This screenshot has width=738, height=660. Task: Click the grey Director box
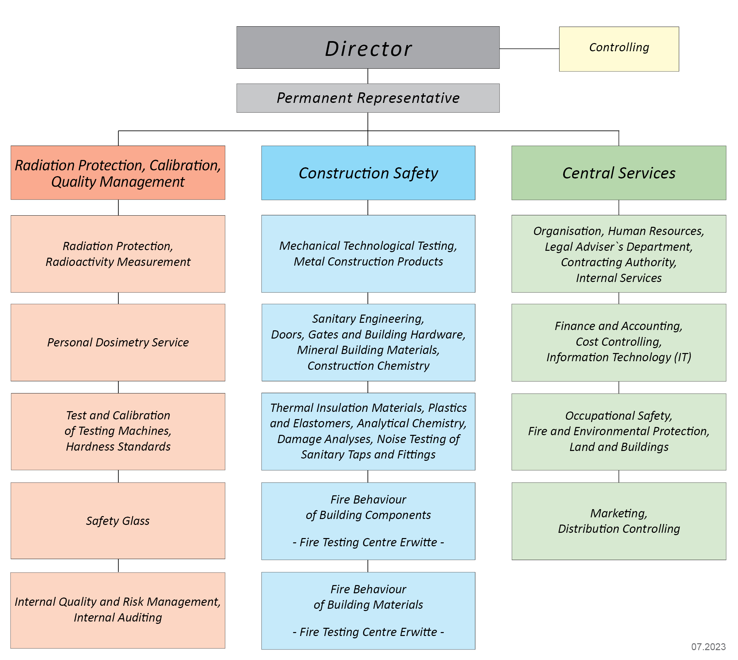[x=368, y=48]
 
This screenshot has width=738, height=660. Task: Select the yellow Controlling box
[x=619, y=49]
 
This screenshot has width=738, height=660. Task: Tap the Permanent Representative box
[x=368, y=98]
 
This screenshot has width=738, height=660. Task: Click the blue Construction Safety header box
[x=368, y=173]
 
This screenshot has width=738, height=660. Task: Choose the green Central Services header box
[x=619, y=173]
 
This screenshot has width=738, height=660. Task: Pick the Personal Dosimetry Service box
[x=118, y=342]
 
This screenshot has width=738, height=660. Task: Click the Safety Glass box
[x=118, y=520]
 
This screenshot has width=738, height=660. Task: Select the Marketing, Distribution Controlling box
[x=619, y=521]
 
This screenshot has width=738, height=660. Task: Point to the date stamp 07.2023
[x=708, y=647]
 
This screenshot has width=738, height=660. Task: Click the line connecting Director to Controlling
[x=529, y=49]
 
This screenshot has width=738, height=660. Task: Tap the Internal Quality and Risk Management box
[x=118, y=610]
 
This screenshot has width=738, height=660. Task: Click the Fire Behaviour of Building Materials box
[x=368, y=611]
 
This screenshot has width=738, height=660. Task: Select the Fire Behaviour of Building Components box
[x=368, y=521]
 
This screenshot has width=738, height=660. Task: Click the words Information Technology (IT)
[x=619, y=357]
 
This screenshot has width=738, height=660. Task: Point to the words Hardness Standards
[x=118, y=446]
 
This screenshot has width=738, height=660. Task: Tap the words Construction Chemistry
[x=369, y=365]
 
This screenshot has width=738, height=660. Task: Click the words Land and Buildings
[x=619, y=447]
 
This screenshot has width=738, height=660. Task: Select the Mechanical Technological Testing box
[x=368, y=254]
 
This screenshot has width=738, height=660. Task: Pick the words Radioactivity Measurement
[x=118, y=262]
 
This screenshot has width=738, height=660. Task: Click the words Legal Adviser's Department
[x=619, y=247]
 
